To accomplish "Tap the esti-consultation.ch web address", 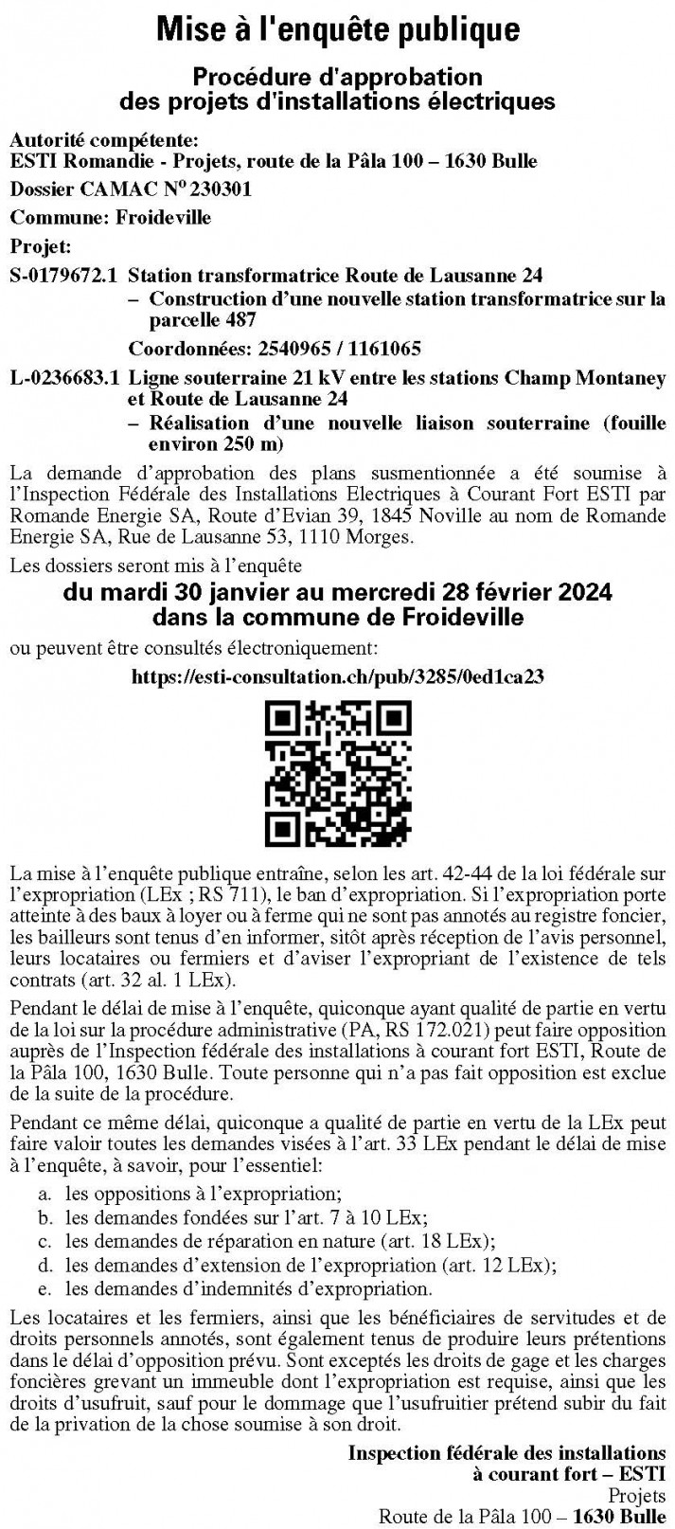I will point(337,677).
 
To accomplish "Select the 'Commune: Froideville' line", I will point(111,217).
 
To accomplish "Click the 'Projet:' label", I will point(41,246).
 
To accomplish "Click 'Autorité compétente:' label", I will point(104,141).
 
